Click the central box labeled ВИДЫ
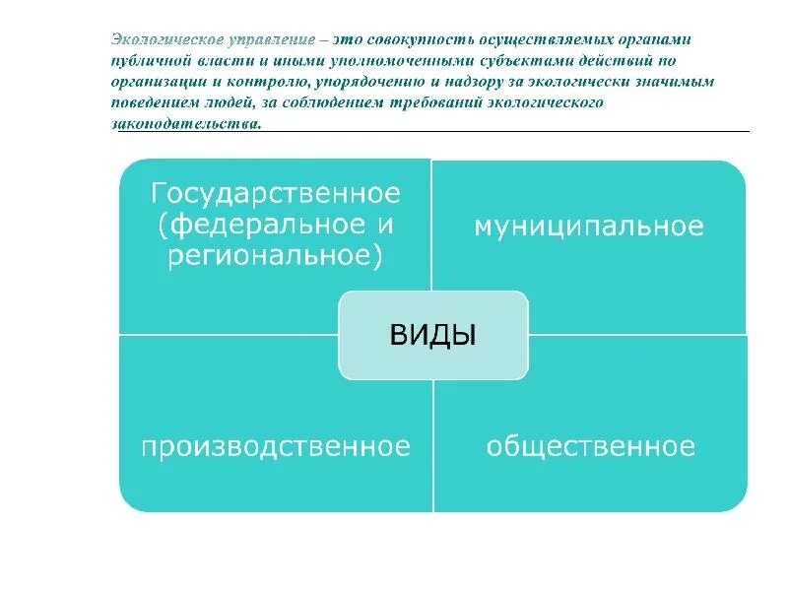point(433,335)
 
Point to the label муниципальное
point(589,227)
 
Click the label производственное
point(275,447)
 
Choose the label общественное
point(590,447)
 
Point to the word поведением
point(154,102)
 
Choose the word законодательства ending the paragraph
point(186,123)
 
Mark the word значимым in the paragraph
point(678,82)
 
